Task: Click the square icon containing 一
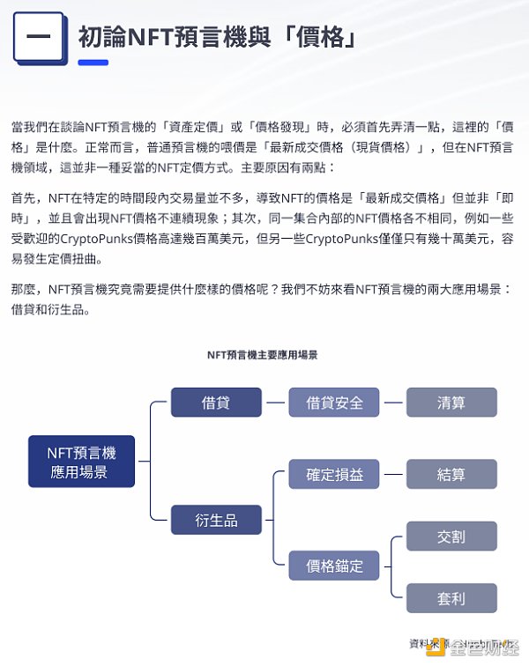pos(39,38)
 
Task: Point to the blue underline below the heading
pos(93,63)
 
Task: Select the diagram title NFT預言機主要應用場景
pos(262,355)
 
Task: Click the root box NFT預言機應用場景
pos(81,462)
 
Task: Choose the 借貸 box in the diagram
pos(216,403)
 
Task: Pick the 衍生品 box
pos(216,520)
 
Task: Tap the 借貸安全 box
pos(334,403)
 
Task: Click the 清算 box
pos(451,403)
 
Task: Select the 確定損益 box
pos(334,474)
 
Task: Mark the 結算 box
pos(451,474)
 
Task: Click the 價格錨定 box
pos(334,566)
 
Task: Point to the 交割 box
pos(451,536)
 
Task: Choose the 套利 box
pos(451,598)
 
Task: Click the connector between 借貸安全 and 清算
pos(392,403)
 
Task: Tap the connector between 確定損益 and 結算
pos(392,474)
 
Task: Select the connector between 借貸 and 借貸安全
pos(275,403)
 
